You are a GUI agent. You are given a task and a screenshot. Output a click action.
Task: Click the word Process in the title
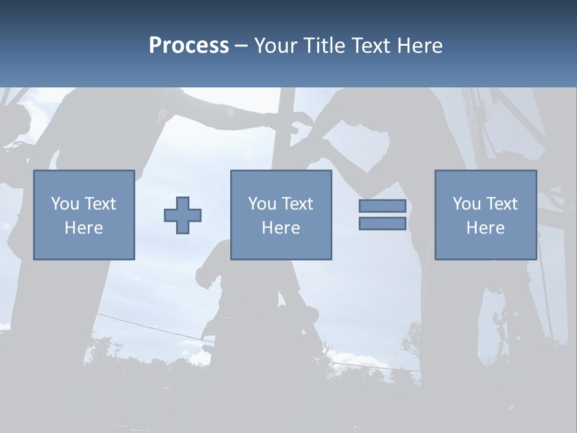(189, 46)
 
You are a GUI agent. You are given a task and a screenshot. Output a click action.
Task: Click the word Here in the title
(420, 46)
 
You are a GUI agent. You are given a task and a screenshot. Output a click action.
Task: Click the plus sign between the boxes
(183, 215)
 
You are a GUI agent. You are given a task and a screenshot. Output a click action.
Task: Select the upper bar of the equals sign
(382, 206)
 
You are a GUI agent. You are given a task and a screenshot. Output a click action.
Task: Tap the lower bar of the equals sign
(382, 224)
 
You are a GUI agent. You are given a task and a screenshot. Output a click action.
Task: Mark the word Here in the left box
(84, 228)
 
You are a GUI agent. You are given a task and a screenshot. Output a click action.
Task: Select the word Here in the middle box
(281, 228)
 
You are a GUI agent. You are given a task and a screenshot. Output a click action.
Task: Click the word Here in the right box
(485, 228)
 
